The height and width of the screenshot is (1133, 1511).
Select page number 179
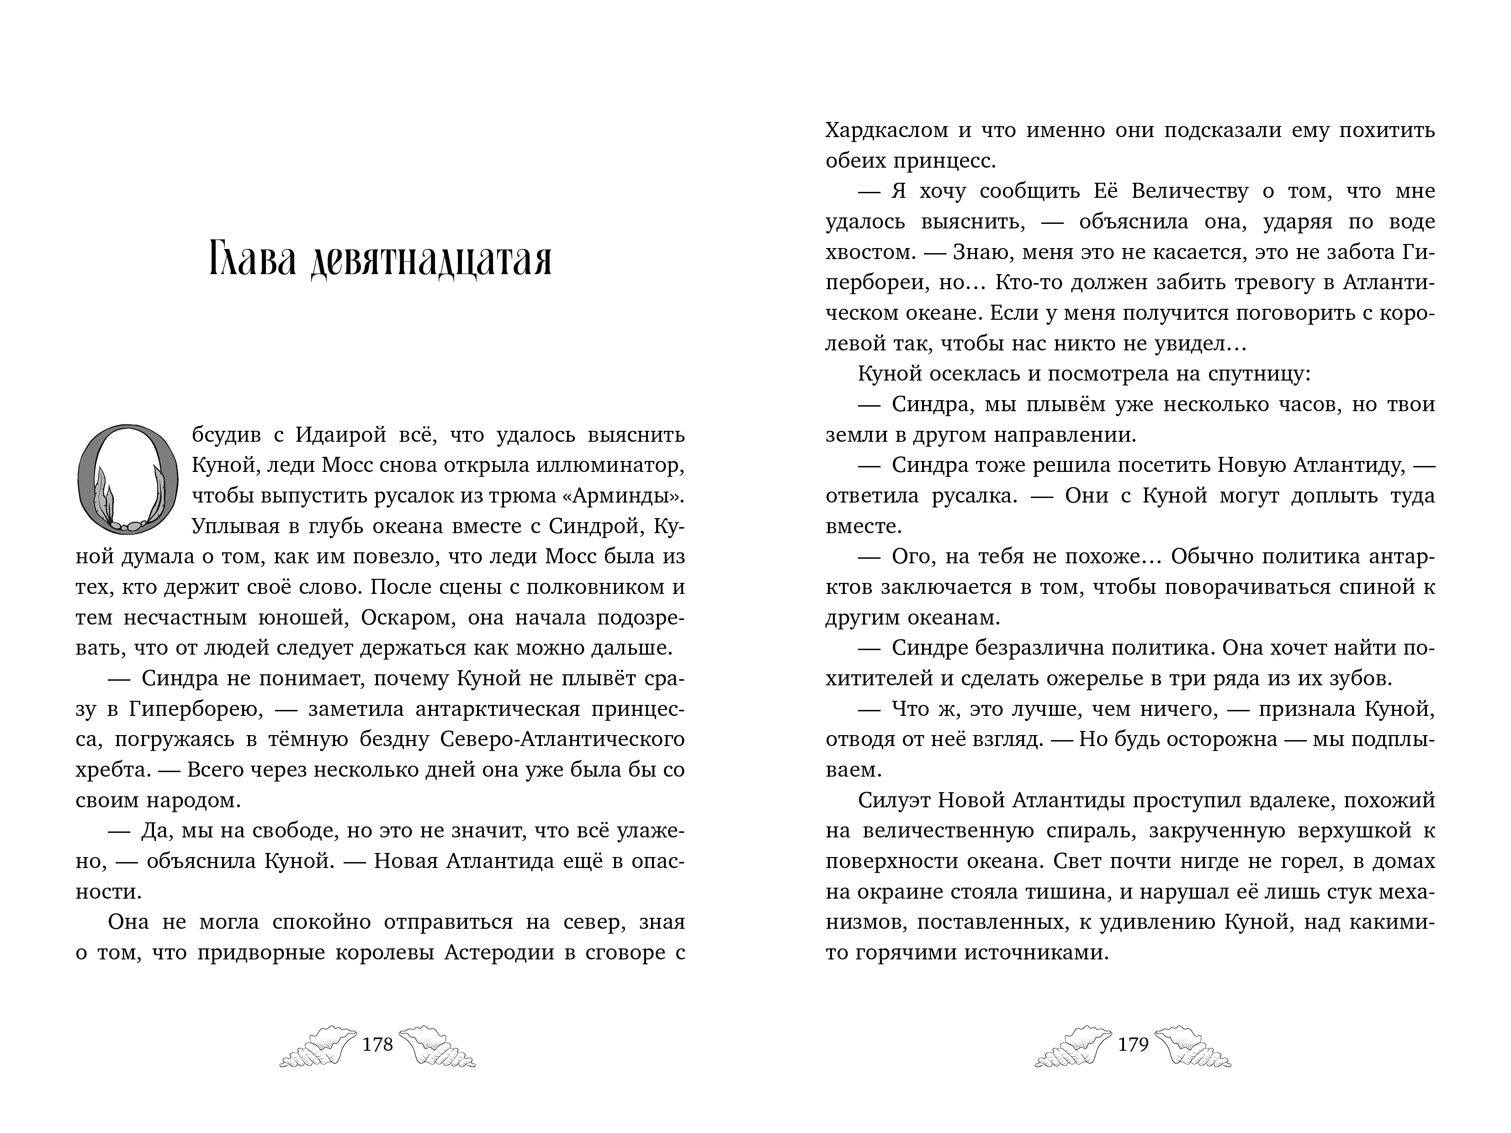[x=1133, y=1045]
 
